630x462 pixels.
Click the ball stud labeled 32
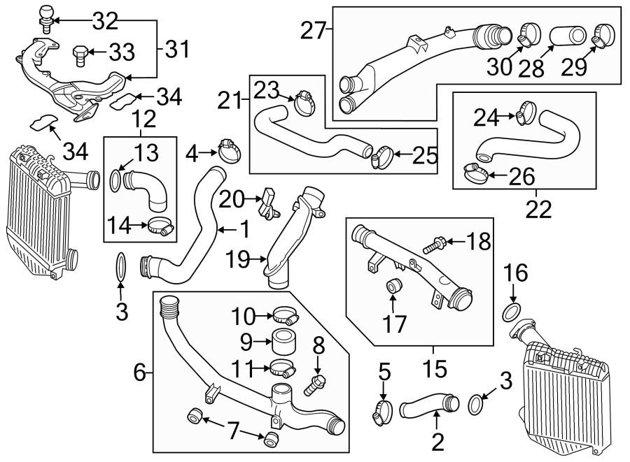point(45,17)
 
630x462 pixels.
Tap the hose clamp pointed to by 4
point(229,149)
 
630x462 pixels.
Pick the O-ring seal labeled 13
point(115,180)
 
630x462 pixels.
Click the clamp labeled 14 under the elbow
point(160,226)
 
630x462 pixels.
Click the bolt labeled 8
point(316,382)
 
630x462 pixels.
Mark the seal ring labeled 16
point(511,311)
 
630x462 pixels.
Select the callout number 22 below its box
point(538,208)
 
